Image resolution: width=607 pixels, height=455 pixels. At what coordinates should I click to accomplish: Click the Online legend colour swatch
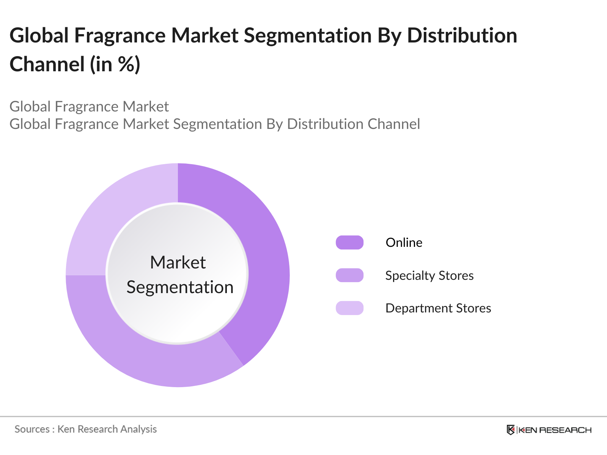(x=349, y=242)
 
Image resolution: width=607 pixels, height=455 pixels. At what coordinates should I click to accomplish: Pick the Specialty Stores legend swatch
(x=349, y=275)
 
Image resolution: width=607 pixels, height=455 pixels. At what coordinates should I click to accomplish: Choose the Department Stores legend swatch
(x=349, y=308)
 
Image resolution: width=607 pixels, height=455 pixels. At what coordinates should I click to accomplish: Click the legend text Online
(x=404, y=242)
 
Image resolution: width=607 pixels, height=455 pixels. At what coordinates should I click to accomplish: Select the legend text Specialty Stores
(x=429, y=276)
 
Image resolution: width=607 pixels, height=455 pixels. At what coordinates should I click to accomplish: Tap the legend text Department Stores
(x=438, y=308)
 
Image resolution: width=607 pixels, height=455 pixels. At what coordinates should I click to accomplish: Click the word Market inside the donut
(x=178, y=262)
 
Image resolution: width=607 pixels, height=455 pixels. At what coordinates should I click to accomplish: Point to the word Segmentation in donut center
(x=180, y=287)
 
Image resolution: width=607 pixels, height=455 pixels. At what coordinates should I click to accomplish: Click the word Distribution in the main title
(x=462, y=36)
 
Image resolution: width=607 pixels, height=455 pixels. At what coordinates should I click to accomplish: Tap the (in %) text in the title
(x=115, y=64)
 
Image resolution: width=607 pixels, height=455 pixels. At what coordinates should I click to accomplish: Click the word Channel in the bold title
(x=47, y=64)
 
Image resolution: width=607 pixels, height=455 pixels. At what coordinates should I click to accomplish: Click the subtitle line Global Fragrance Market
(x=89, y=107)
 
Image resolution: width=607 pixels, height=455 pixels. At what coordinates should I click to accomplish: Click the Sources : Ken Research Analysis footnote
(x=86, y=429)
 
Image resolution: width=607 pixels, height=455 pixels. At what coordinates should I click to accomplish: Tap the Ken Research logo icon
(x=511, y=430)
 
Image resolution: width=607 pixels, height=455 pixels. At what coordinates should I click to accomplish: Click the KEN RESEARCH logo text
(x=555, y=430)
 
